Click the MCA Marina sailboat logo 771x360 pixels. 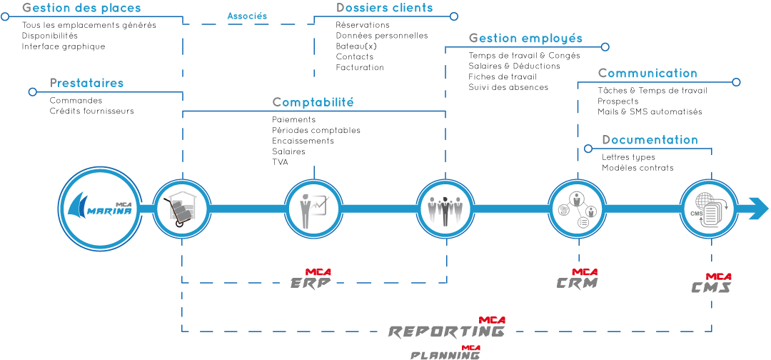[x=100, y=209]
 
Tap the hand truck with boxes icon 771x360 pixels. [x=182, y=209]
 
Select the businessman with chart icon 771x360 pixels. [x=314, y=209]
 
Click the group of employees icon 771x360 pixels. [x=445, y=209]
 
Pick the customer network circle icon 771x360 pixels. [x=577, y=209]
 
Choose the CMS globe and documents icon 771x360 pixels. [x=708, y=209]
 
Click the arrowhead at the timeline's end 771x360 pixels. [x=758, y=209]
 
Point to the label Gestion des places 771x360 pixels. [x=81, y=9]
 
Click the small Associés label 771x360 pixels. [x=247, y=16]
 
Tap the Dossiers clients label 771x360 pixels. [x=384, y=9]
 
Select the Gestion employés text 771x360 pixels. [x=525, y=39]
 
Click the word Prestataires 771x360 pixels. [x=86, y=84]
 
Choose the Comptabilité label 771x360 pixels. [x=313, y=103]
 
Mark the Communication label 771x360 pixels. [x=647, y=74]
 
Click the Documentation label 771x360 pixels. [x=650, y=140]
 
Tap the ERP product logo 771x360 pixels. [x=311, y=280]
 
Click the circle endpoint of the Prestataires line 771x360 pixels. [x=32, y=91]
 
